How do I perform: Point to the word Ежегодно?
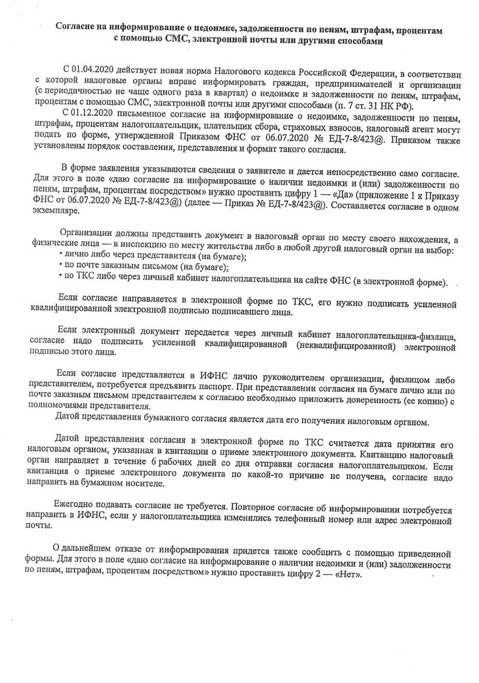(x=76, y=505)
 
